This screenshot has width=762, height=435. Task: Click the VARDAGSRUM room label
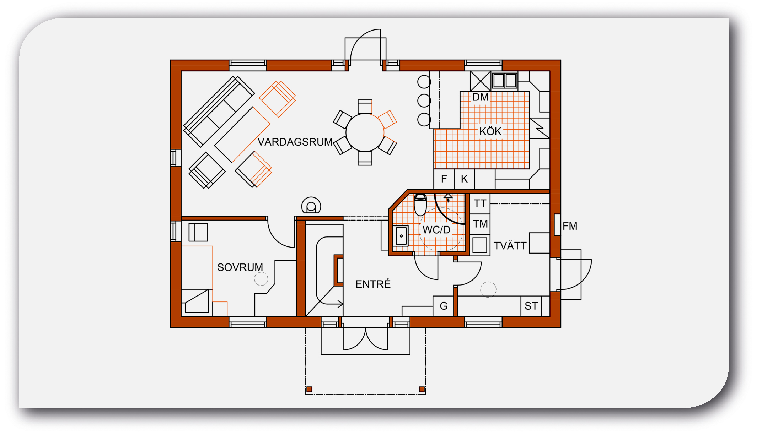click(x=295, y=142)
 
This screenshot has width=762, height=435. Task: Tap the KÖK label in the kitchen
click(x=490, y=131)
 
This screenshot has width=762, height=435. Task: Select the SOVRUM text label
click(x=240, y=267)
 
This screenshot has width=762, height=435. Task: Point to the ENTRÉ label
click(x=373, y=284)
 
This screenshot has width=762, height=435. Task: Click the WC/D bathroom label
click(x=436, y=230)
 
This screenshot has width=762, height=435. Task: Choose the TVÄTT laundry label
click(x=510, y=246)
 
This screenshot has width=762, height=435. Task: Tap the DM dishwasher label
click(x=480, y=97)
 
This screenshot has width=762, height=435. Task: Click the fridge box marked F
click(x=444, y=179)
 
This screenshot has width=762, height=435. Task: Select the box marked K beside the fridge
click(x=464, y=179)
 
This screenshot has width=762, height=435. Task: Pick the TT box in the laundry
click(x=480, y=203)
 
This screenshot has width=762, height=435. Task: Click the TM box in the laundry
click(x=480, y=224)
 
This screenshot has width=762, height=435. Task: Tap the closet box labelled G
click(x=443, y=306)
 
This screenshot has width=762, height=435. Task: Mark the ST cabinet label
click(x=531, y=306)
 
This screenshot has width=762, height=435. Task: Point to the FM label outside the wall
click(x=570, y=226)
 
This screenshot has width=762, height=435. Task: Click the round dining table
click(x=365, y=132)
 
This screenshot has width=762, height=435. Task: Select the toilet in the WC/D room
click(x=420, y=205)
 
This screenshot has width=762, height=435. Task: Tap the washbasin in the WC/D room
click(x=401, y=235)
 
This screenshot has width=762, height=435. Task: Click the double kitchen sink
click(x=505, y=81)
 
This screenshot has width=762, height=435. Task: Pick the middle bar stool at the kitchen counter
click(x=424, y=100)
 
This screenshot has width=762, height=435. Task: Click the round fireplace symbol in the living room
click(x=311, y=206)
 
